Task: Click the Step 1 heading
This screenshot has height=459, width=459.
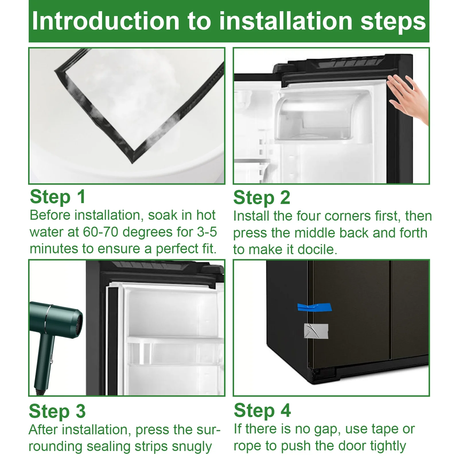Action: (x=58, y=197)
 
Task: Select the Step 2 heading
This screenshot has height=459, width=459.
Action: (x=262, y=198)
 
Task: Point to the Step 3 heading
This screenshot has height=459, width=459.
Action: (x=57, y=411)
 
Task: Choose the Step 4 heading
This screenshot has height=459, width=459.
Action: (x=262, y=411)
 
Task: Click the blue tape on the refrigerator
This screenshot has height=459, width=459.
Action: (x=314, y=307)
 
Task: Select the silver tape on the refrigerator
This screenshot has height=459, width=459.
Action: (x=316, y=331)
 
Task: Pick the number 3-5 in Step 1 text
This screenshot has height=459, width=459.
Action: (x=207, y=232)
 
